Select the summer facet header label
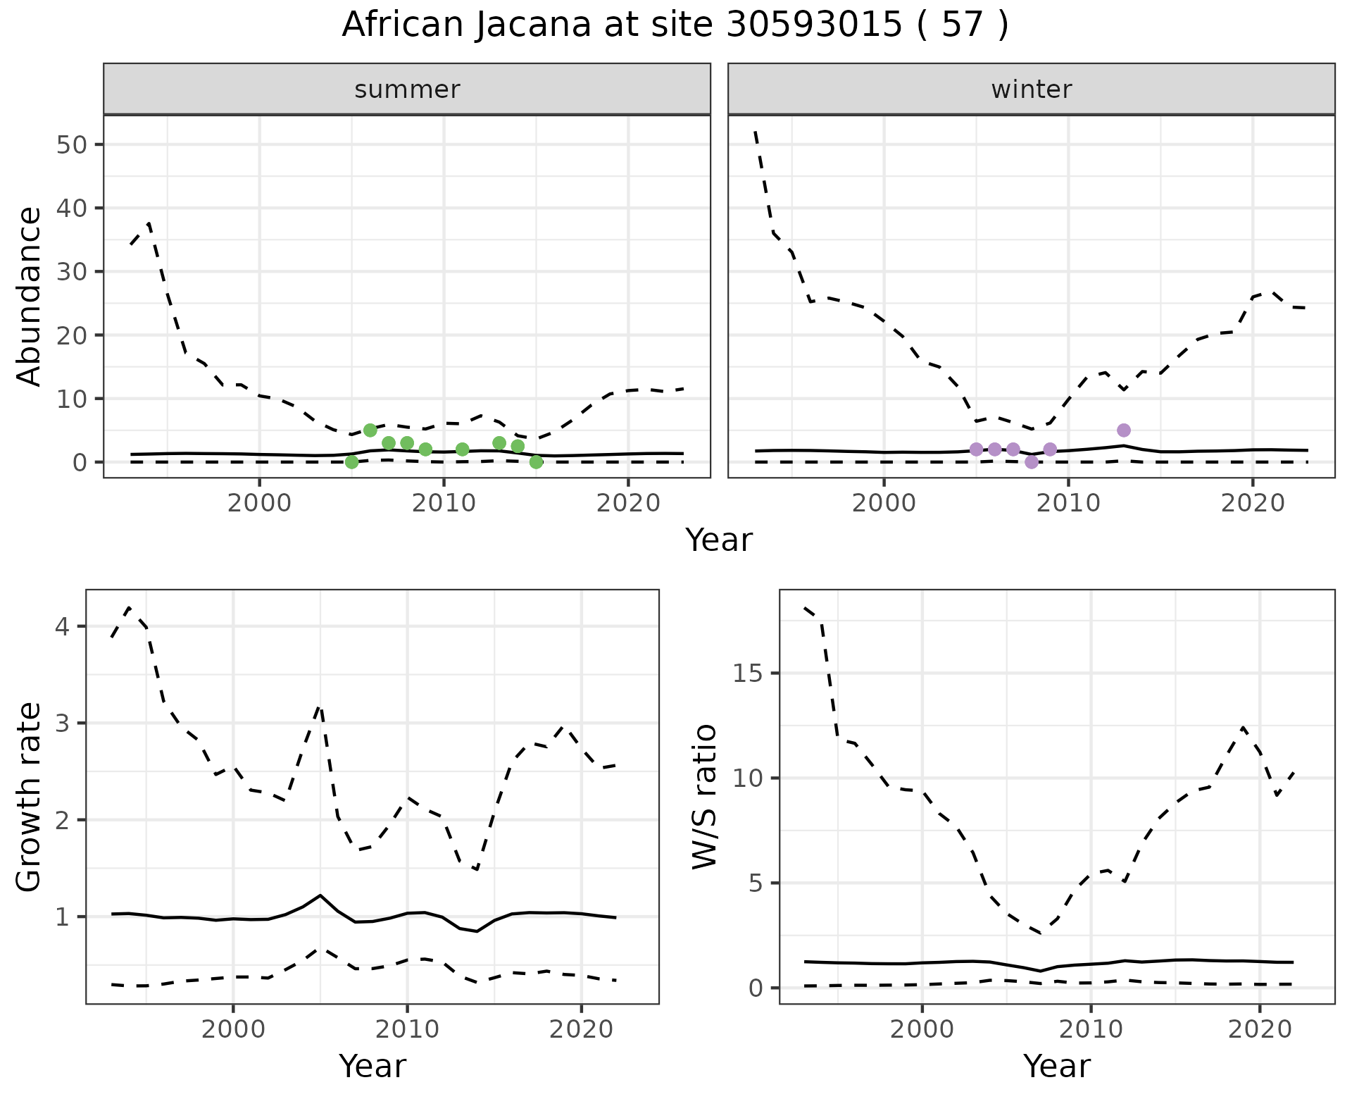[407, 89]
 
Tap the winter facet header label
[1031, 89]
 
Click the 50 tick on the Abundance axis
[70, 145]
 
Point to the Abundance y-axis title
[29, 296]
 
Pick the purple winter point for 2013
[1124, 430]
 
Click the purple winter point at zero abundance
[1032, 462]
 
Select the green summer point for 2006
[370, 430]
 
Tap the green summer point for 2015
[536, 462]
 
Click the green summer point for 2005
[352, 462]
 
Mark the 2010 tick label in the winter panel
[1068, 503]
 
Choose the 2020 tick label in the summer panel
[628, 503]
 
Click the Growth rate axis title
[29, 797]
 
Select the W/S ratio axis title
[704, 797]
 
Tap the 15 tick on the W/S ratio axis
[748, 673]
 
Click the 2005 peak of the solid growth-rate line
[320, 895]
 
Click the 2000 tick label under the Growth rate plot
[233, 1029]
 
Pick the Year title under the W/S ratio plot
[1056, 1066]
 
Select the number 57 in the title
[962, 25]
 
